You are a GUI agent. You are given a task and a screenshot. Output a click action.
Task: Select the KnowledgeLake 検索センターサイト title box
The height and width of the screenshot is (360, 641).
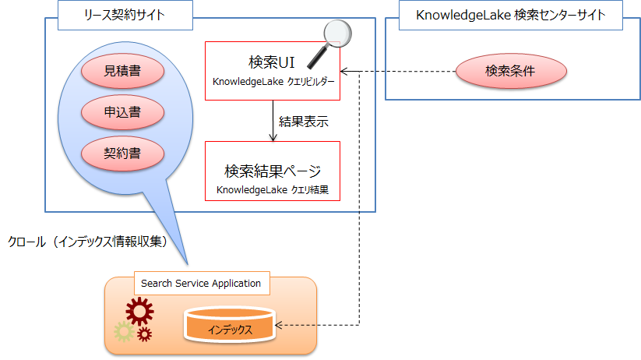tap(512, 16)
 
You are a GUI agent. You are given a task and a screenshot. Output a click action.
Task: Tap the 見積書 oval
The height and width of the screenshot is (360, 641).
tap(123, 72)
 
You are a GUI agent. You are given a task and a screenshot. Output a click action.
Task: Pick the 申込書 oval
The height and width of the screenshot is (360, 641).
tap(123, 112)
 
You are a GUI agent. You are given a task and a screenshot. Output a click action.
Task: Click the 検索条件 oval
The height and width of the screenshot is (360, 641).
tap(511, 72)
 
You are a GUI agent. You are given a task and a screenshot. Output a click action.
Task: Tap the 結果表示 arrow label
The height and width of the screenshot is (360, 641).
tap(303, 122)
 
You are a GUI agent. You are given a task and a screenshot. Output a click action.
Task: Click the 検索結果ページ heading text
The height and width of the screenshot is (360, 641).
tap(273, 171)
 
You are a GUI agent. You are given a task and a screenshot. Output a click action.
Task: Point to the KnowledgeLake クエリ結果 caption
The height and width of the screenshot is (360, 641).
tap(273, 189)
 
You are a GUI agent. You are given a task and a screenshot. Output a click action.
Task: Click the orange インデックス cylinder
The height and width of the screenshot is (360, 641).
tap(230, 326)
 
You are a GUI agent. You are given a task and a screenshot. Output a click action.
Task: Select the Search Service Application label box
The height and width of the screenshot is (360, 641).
tap(203, 284)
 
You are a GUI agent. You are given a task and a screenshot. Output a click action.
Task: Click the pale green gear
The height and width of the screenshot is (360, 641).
tap(122, 332)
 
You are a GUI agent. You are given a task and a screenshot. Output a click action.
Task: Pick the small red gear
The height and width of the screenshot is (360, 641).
tap(144, 335)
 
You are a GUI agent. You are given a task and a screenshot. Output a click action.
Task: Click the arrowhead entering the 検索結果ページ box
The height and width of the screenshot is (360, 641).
tap(273, 138)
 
